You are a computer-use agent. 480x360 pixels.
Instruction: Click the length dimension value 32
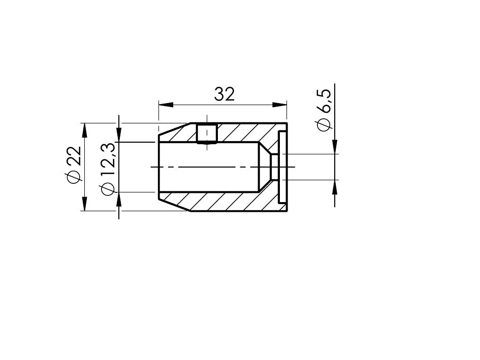(x=225, y=94)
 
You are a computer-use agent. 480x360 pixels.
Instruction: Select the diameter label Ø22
(x=74, y=165)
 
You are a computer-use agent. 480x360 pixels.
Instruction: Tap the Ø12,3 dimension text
(x=108, y=169)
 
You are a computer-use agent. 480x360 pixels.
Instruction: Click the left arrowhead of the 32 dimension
(x=166, y=105)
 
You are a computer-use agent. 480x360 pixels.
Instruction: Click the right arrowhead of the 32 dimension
(x=279, y=105)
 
